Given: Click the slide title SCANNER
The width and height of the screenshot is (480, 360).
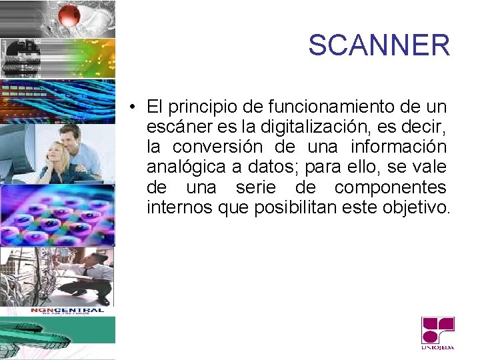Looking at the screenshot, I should [379, 45].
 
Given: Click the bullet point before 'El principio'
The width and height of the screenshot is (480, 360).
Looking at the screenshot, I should [134, 107].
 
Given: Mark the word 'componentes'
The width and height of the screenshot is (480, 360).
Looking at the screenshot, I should [390, 187].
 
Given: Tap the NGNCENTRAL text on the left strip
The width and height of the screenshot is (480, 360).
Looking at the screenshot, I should [67, 311].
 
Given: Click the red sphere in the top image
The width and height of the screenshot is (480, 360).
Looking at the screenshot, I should [68, 15].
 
